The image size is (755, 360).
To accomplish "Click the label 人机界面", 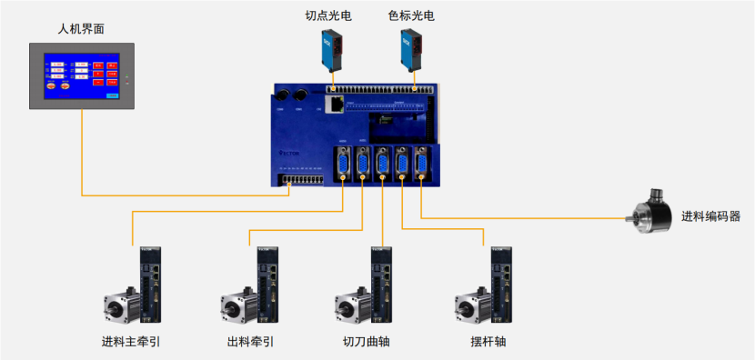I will tap(81, 28).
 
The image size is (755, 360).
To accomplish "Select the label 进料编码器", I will tap(710, 216).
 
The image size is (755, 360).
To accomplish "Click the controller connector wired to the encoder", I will tap(421, 165).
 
